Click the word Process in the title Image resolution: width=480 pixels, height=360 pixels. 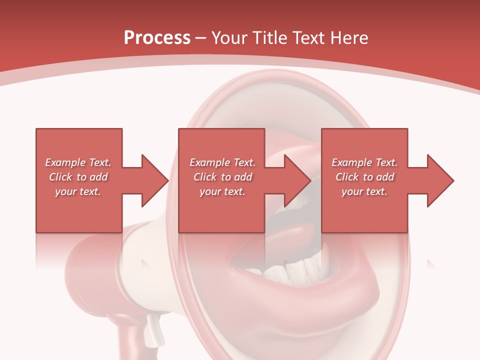coord(157,38)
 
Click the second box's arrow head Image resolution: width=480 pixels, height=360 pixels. coord(297,180)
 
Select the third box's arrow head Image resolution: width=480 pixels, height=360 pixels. coord(440,180)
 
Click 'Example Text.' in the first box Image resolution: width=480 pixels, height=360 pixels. coord(78,162)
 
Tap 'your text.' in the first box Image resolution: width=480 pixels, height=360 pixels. coord(78,191)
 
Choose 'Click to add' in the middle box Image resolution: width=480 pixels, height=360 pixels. coord(222,177)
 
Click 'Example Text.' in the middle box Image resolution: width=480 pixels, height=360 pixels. coord(222,162)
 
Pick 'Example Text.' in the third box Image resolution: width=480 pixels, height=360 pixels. coord(364,162)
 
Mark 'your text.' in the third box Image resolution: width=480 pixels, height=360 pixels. coord(364,191)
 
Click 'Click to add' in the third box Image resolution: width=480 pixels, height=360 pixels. coord(364,177)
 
